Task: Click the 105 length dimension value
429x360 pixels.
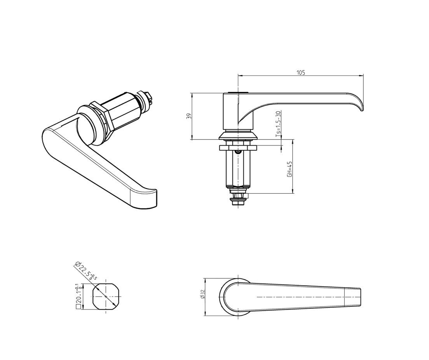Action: pyautogui.click(x=300, y=72)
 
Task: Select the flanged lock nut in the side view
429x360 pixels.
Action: pyautogui.click(x=238, y=148)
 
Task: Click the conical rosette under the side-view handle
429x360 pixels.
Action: pyautogui.click(x=238, y=135)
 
